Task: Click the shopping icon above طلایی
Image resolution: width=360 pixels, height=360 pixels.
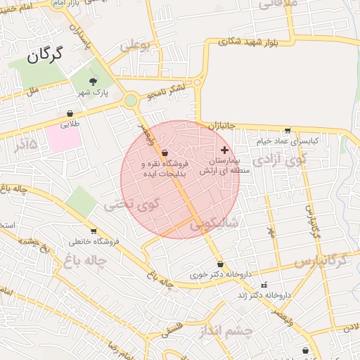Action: click(70, 113)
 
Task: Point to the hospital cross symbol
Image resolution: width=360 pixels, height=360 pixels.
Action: click(225, 150)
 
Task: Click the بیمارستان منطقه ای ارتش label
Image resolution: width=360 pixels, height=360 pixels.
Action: click(220, 166)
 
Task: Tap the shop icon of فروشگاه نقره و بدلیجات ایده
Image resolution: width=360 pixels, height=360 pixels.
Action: click(165, 152)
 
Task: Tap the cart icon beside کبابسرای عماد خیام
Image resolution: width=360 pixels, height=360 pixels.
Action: click(287, 130)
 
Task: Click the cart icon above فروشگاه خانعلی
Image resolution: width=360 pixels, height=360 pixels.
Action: click(94, 231)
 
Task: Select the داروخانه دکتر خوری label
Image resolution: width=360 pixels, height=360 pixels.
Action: click(220, 274)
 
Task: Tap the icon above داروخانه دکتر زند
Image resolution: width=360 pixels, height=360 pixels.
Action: click(264, 285)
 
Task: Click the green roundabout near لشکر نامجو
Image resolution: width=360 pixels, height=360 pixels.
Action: click(131, 101)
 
